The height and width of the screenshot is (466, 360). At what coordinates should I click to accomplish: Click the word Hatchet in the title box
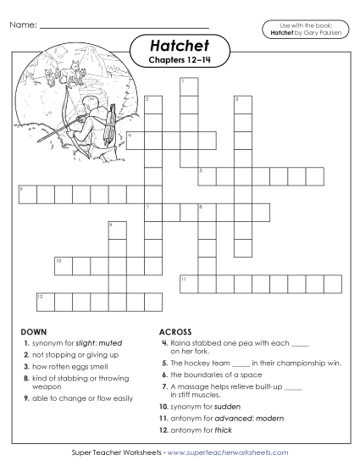tap(180, 44)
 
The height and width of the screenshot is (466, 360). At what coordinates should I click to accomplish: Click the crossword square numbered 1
tap(187, 86)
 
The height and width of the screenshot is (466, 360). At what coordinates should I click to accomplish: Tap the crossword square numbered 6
tap(25, 194)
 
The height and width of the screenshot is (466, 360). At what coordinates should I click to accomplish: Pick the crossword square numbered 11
tap(187, 283)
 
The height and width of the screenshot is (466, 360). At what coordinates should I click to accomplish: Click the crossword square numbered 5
tap(206, 175)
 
